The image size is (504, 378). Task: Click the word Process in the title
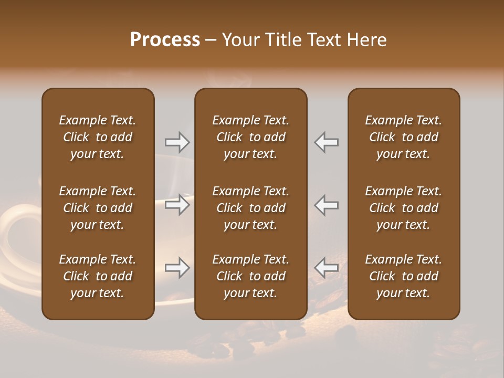click(x=165, y=40)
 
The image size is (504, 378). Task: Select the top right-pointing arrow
click(x=177, y=142)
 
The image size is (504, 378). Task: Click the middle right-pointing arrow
click(x=177, y=205)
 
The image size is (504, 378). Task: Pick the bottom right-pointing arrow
click(x=177, y=268)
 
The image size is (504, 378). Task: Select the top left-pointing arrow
click(x=326, y=142)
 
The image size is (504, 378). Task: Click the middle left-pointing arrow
click(x=326, y=205)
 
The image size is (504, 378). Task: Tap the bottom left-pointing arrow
click(x=326, y=268)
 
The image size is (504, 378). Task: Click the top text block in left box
click(x=98, y=137)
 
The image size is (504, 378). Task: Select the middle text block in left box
click(x=98, y=208)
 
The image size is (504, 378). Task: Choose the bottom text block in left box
click(x=98, y=276)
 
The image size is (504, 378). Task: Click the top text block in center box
click(x=250, y=137)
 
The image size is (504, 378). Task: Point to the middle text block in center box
click(x=250, y=208)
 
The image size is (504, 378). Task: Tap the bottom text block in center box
click(x=250, y=276)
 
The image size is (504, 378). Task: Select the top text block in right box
click(x=403, y=137)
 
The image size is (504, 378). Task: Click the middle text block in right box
click(x=403, y=208)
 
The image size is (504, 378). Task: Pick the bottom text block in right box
click(x=403, y=276)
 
